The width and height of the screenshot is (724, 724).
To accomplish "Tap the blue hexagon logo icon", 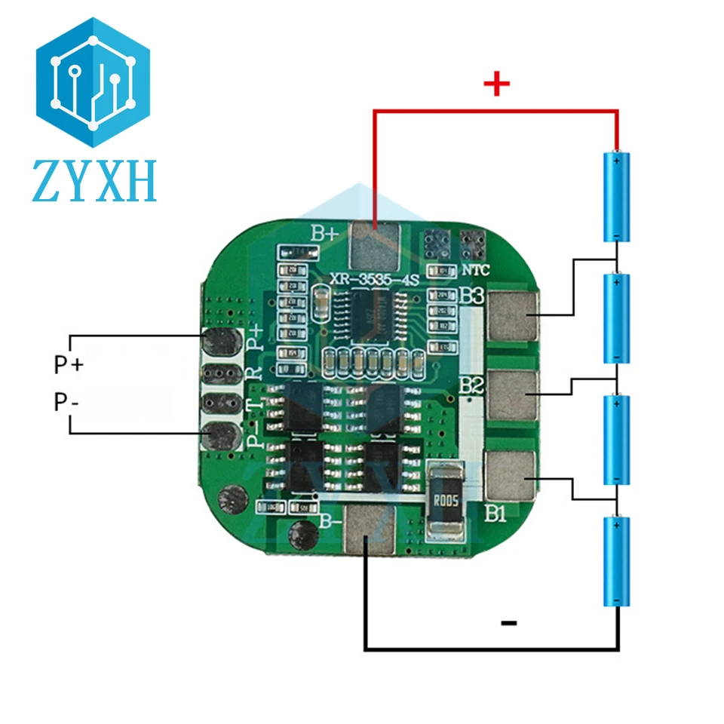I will [x=94, y=83].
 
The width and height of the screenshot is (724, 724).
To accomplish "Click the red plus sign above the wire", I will [x=495, y=84].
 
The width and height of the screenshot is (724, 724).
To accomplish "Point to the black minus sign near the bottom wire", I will [x=509, y=623].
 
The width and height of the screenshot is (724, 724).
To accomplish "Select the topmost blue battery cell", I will [x=617, y=196].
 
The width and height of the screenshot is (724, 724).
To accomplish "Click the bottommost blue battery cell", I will [x=617, y=561].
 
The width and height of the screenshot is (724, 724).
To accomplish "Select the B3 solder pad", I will [x=513, y=314].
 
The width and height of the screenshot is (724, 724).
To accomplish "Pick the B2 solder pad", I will [x=513, y=394].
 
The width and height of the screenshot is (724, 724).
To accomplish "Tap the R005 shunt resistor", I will [x=445, y=502].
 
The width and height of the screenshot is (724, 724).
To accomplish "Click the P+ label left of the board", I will [x=69, y=365].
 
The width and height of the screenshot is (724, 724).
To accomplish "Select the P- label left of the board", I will [x=66, y=402].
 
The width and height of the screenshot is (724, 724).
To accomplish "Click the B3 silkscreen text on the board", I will [x=471, y=296].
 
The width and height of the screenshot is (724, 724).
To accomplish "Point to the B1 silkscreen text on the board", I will [x=494, y=515].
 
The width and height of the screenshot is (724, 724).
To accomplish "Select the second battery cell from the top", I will [x=617, y=318].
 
